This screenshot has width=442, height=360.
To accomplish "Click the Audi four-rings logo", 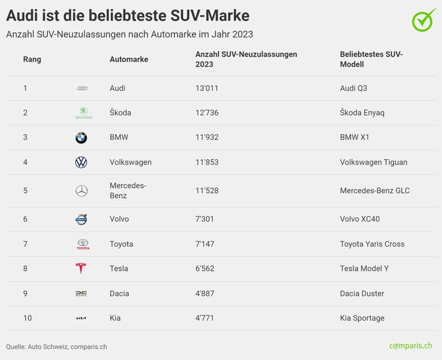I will [82, 88].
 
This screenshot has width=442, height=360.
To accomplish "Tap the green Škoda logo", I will [82, 113].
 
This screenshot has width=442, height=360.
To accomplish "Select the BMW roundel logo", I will [81, 138].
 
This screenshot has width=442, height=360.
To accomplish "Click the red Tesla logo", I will [81, 268].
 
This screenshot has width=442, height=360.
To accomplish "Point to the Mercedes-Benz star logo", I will [81, 191].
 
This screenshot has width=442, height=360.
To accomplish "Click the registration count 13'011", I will [207, 88].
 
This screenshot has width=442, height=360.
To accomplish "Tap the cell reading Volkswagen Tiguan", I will [374, 163].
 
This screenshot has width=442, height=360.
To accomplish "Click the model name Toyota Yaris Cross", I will [372, 244].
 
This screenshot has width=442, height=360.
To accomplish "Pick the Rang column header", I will [32, 60].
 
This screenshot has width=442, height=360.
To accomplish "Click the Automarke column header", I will [129, 60].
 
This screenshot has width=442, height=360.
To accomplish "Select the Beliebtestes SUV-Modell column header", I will [371, 59].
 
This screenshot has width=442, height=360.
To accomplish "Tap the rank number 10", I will [27, 318].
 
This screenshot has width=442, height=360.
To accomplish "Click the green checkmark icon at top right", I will [423, 20].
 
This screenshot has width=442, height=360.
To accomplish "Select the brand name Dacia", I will [120, 293].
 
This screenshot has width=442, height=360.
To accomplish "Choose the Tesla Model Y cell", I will [364, 268].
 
